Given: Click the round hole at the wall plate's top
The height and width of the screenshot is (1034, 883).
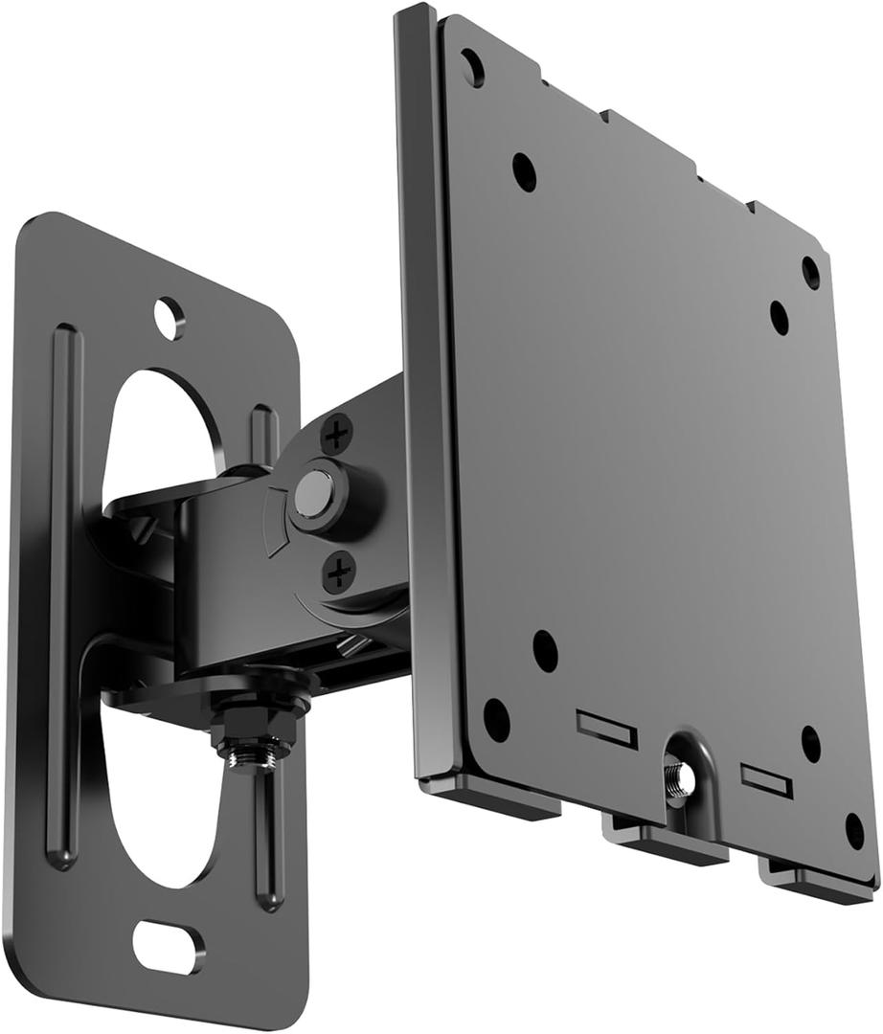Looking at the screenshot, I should [169, 317].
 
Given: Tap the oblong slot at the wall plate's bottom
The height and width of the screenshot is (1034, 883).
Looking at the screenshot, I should [168, 945].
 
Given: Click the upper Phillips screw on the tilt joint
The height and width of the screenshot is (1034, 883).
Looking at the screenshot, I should [336, 437].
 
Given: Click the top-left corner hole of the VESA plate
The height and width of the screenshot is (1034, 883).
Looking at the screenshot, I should [472, 68].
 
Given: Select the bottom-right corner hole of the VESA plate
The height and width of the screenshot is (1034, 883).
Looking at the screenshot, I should [854, 830].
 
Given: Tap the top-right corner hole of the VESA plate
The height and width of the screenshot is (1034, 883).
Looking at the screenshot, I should [810, 272].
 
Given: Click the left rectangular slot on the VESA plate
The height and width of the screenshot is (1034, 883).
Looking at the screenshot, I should [606, 729].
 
